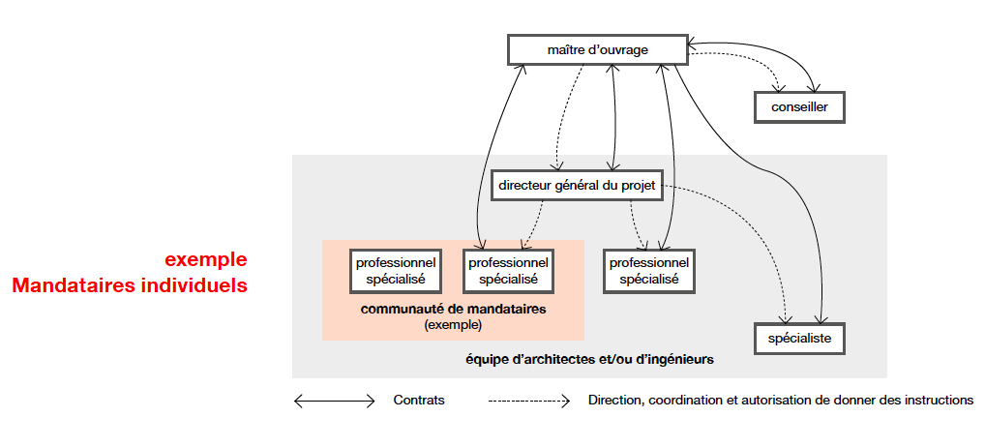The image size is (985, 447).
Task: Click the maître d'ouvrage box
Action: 597,50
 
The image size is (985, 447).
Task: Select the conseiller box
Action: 799,106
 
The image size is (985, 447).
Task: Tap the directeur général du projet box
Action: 577,185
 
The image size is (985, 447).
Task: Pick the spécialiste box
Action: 799,339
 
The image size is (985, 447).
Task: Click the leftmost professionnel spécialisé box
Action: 395,270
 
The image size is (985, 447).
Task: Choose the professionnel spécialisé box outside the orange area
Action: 648,270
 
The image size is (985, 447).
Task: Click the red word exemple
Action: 205,260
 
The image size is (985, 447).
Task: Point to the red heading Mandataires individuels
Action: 130,286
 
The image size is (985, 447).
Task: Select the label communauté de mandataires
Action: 453,310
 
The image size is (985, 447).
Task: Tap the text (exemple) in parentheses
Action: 453,325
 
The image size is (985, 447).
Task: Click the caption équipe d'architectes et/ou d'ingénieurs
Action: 589,360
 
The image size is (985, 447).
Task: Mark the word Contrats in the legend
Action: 419,401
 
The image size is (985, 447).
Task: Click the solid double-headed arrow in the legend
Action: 334,401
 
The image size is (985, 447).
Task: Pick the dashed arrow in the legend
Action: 529,401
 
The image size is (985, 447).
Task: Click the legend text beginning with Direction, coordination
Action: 780,401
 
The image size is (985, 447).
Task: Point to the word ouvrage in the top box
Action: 626,50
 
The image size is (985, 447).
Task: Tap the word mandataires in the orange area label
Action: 507,310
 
